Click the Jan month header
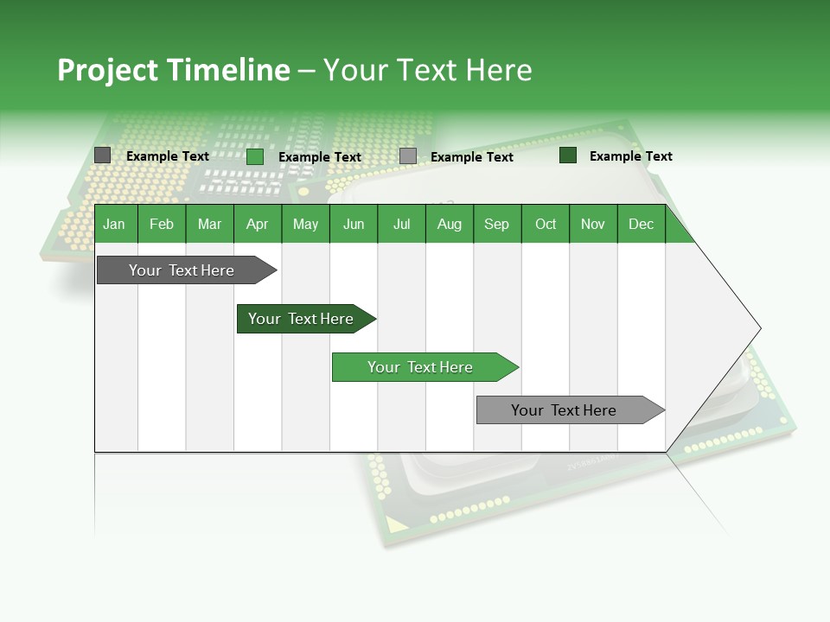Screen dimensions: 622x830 pyautogui.click(x=114, y=224)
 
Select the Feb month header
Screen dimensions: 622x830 pyautogui.click(x=162, y=224)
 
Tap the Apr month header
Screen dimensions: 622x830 pyautogui.click(x=257, y=224)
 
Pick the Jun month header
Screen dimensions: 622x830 pyautogui.click(x=354, y=224)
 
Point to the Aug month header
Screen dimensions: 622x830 pyautogui.click(x=449, y=224)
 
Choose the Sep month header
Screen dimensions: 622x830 pyautogui.click(x=496, y=224)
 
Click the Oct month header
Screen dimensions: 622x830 pyautogui.click(x=546, y=224)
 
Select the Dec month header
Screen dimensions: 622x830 pyautogui.click(x=641, y=224)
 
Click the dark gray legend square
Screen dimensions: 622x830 pyautogui.click(x=103, y=155)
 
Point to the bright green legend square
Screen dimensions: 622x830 pyautogui.click(x=255, y=156)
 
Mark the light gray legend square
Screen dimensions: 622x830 pyautogui.click(x=408, y=156)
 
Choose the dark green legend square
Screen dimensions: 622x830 pyautogui.click(x=568, y=155)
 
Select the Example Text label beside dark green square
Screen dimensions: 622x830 pyautogui.click(x=630, y=156)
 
